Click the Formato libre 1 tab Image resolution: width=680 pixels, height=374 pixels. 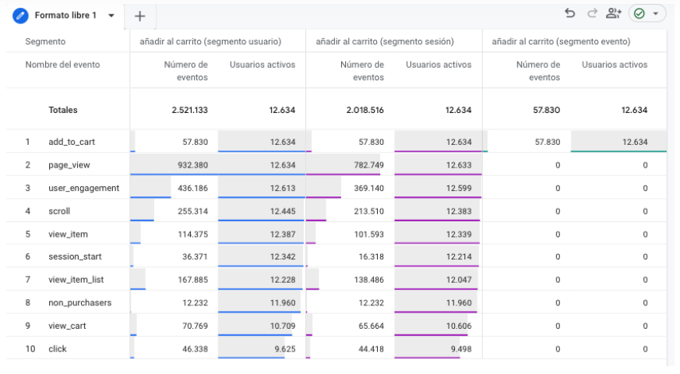tap(65, 16)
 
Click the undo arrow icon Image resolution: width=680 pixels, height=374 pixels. tap(570, 13)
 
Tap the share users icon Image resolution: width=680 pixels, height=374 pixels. tap(613, 13)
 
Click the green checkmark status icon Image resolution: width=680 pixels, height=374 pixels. tap(639, 13)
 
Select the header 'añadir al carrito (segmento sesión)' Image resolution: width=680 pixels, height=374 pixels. tap(385, 41)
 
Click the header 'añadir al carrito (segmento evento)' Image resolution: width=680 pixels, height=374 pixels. tap(561, 41)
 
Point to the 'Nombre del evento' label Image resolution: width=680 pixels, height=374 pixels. tap(62, 65)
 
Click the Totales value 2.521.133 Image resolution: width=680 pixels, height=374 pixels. tap(189, 110)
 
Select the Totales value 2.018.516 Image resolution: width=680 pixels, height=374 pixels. tap(365, 110)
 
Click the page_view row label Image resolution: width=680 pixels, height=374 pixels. tap(69, 165)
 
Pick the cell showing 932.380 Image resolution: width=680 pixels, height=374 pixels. tap(192, 165)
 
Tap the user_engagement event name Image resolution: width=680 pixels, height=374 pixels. tap(83, 189)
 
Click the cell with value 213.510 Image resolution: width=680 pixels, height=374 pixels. tap(368, 211)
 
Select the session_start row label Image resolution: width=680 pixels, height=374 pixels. tap(75, 256)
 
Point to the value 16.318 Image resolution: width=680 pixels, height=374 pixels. tap(372, 256)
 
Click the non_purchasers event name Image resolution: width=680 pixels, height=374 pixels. tap(79, 303)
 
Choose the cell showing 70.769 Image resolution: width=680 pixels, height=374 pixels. tap(195, 326)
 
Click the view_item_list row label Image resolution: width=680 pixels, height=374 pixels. tap(76, 280)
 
